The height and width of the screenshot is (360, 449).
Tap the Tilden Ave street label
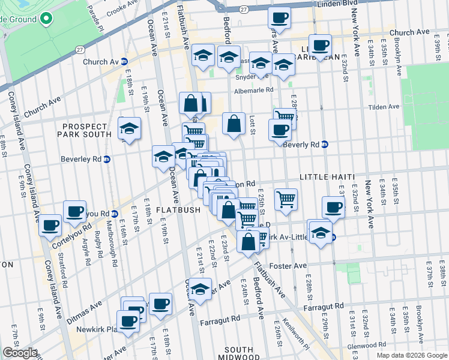tap(385, 107)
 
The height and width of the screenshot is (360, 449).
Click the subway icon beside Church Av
tap(124, 61)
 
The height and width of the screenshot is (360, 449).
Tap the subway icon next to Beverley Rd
tap(107, 159)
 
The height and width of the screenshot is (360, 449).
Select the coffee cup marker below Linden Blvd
tap(279, 19)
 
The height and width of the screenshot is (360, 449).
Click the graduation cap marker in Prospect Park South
tap(129, 129)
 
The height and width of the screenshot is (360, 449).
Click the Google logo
tap(20, 353)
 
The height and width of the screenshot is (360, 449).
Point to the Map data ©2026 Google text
tap(411, 355)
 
